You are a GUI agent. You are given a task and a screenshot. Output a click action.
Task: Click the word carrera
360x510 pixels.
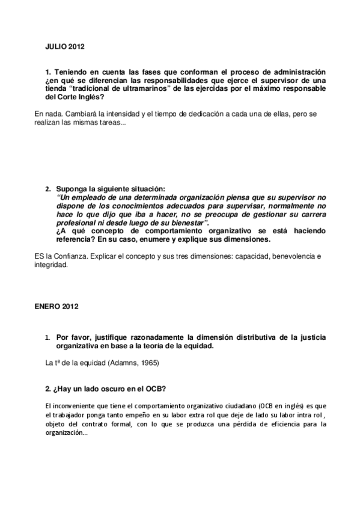(313, 214)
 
